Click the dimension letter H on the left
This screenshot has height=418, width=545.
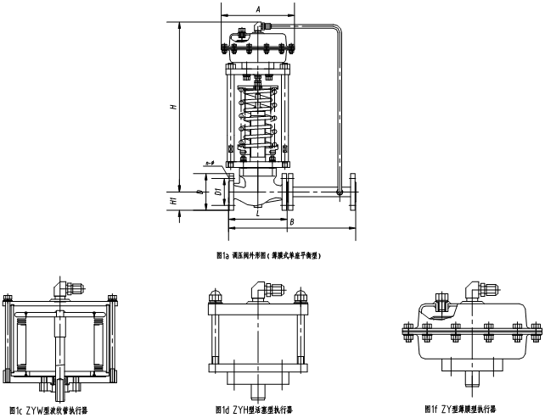tap(173, 108)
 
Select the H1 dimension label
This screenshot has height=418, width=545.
tap(173, 202)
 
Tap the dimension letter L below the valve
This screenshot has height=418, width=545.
tap(258, 215)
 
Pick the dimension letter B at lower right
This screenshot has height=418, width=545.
tap(291, 222)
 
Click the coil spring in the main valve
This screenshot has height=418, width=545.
tap(258, 119)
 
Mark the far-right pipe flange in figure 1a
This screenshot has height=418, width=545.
tap(353, 192)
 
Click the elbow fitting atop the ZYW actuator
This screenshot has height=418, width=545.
tap(59, 288)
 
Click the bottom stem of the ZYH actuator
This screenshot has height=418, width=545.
tap(257, 392)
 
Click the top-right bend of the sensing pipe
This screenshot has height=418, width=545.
tap(335, 32)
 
